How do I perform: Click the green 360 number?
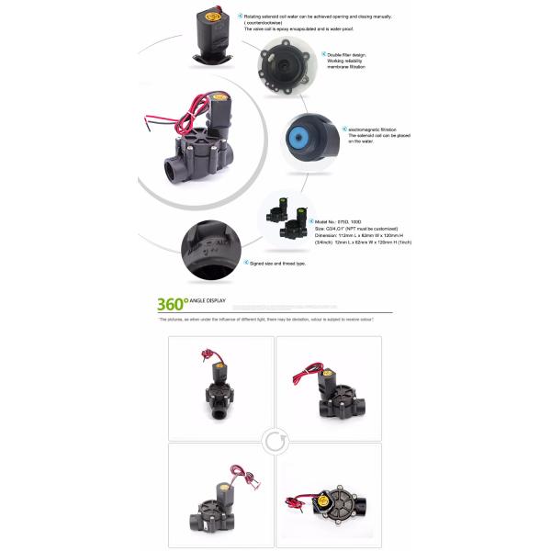click(172, 304)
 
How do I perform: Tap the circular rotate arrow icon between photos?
click(275, 442)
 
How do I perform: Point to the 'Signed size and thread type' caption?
click(277, 263)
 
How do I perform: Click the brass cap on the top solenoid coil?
click(218, 15)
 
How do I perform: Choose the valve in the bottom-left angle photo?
click(219, 496)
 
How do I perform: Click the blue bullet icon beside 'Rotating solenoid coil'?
click(240, 16)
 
